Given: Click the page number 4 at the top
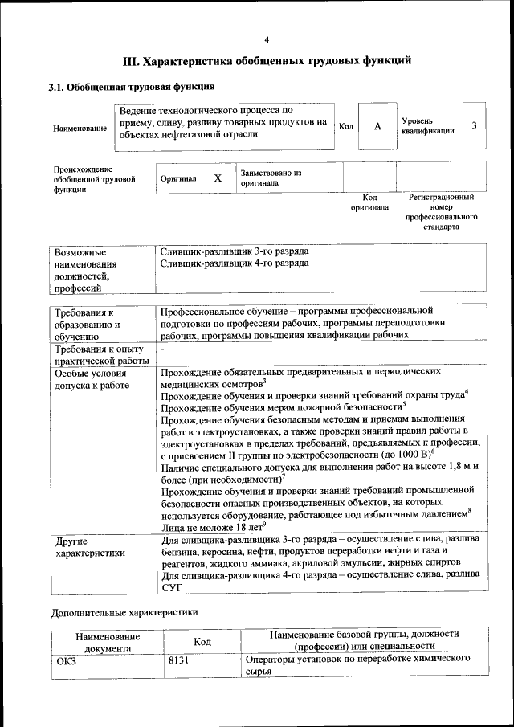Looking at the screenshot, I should (267, 39).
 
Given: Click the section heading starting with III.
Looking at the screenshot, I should (267, 60).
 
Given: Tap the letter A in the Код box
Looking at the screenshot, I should (377, 127).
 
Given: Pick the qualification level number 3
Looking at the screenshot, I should (475, 126).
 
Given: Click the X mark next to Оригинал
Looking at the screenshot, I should (217, 178).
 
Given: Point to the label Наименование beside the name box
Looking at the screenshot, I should (80, 129).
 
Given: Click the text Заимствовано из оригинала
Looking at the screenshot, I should (270, 178).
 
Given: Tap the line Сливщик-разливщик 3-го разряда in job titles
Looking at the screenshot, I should (234, 251).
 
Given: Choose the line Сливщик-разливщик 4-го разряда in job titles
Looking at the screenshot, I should (234, 263).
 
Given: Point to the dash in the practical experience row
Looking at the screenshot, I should (162, 350).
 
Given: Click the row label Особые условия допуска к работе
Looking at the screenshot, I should (87, 380).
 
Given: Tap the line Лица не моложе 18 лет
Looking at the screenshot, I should (212, 527).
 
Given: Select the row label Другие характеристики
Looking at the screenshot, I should (88, 547).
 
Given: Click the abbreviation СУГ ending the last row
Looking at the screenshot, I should (172, 587).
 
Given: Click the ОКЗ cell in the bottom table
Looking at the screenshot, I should (66, 660).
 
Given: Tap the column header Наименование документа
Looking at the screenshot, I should (108, 640).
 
